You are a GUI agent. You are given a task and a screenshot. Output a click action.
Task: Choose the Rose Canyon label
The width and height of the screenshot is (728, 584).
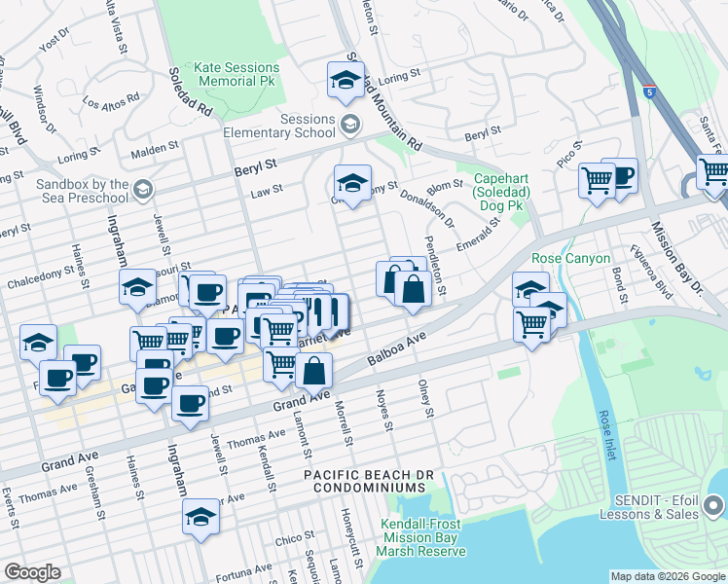(570, 258)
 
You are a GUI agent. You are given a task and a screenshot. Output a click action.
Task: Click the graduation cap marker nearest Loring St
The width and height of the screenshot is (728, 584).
(346, 81)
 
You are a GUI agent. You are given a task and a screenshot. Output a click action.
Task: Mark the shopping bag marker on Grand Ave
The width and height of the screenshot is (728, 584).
(314, 371)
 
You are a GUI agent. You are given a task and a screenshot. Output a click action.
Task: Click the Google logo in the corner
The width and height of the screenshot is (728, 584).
(32, 572)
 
